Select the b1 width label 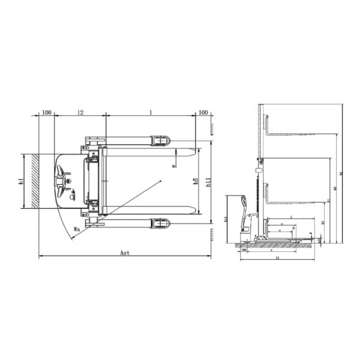[x=21, y=181]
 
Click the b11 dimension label [x=208, y=182]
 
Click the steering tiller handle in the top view [x=61, y=180]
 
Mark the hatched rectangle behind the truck [x=34, y=181]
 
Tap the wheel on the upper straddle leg [x=160, y=140]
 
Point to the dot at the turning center [x=162, y=181]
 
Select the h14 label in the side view [x=226, y=220]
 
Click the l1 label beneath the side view [x=277, y=258]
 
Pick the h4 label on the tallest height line [x=341, y=174]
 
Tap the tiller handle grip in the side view [x=244, y=200]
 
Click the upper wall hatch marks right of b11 [x=213, y=127]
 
